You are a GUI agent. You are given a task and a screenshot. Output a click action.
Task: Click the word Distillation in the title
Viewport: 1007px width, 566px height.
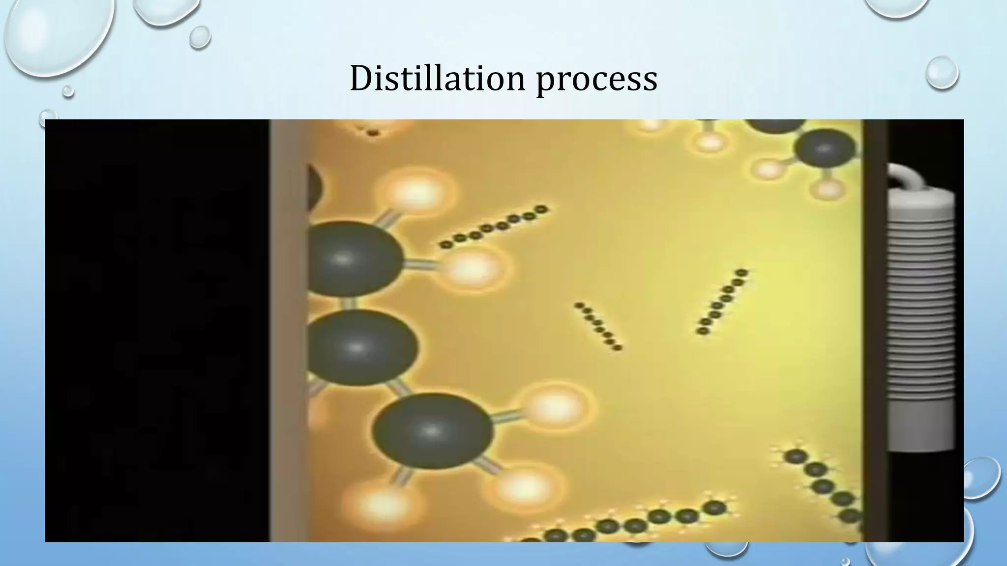tap(437, 79)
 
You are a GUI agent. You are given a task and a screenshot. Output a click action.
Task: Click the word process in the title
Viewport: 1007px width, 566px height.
tap(596, 80)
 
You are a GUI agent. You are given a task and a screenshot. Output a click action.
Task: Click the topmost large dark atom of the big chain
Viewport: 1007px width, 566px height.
tap(352, 259)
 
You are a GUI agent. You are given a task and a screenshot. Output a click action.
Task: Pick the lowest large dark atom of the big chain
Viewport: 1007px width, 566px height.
tap(432, 430)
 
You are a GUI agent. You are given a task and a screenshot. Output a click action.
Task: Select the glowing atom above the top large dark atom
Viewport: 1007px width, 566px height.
tap(416, 193)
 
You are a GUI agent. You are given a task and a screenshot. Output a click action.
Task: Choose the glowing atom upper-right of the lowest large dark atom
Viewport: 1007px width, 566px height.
tap(554, 406)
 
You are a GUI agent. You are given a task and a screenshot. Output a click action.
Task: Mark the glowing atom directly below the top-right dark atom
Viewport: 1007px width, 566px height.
tap(828, 189)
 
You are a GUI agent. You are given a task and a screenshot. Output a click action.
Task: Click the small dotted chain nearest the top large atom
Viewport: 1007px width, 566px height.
tap(494, 226)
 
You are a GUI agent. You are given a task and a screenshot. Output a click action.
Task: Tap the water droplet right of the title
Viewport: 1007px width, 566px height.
tap(942, 73)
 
